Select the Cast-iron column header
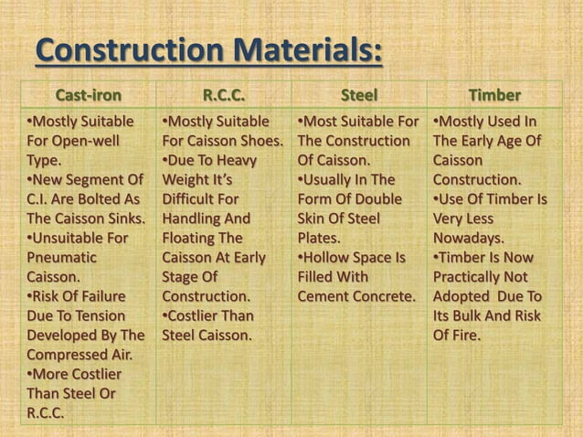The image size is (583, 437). tap(89, 95)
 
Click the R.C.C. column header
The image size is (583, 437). tap(224, 95)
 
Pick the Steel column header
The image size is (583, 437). tap(358, 95)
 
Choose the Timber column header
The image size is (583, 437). tap(494, 95)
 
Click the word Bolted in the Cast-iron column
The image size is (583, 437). tap(99, 197)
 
